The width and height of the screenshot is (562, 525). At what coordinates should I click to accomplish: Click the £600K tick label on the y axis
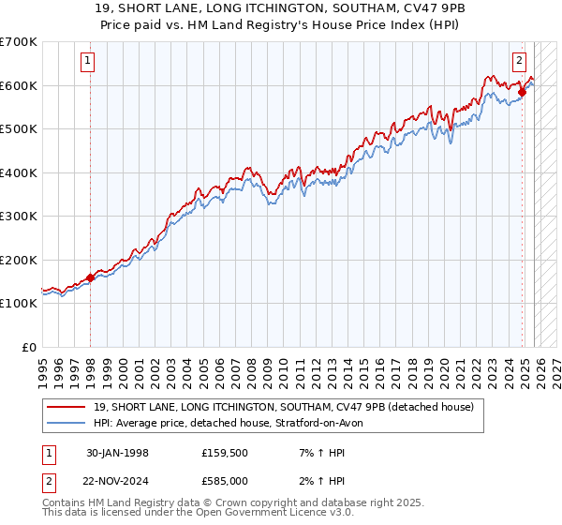click(x=19, y=85)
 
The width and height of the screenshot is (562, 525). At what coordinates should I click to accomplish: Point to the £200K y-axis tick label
click(x=19, y=260)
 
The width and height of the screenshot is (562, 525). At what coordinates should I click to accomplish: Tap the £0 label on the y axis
click(x=30, y=347)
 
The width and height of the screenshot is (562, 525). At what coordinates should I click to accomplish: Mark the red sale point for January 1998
click(x=91, y=277)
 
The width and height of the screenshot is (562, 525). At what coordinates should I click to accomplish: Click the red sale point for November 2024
click(x=523, y=92)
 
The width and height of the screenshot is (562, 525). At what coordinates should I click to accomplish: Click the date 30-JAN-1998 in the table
click(x=117, y=453)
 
